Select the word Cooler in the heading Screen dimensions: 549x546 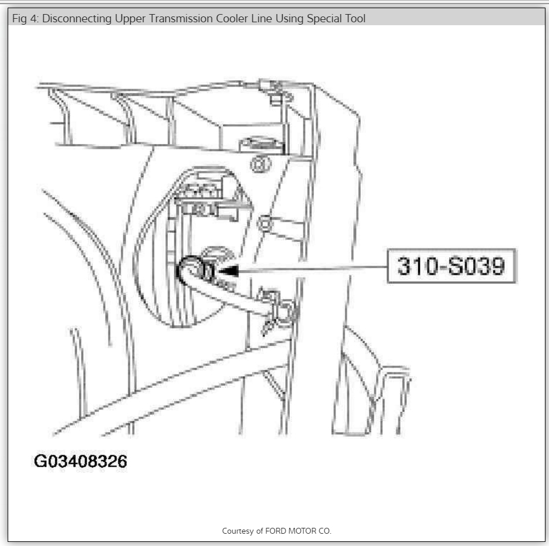[231, 19]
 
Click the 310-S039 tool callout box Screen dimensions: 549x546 [451, 267]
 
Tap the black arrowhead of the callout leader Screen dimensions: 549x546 [229, 270]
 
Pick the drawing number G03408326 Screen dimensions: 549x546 [80, 462]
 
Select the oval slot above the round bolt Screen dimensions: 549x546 [256, 142]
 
